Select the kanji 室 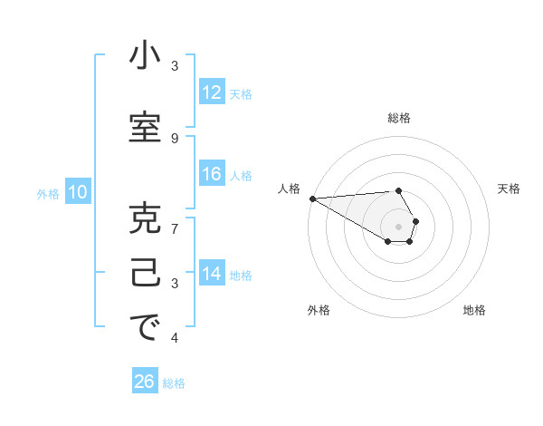pyautogui.click(x=145, y=128)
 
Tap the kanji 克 pyautogui.click(x=145, y=220)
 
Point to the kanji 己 pyautogui.click(x=145, y=276)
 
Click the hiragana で pyautogui.click(x=145, y=330)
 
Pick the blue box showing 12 pyautogui.click(x=211, y=92)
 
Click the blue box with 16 pyautogui.click(x=211, y=174)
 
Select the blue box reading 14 pyautogui.click(x=211, y=274)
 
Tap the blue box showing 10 pyautogui.click(x=77, y=192)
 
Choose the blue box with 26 pyautogui.click(x=145, y=382)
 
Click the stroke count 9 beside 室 pyautogui.click(x=175, y=138)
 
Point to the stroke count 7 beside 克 pyautogui.click(x=175, y=228)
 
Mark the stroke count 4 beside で pyautogui.click(x=175, y=338)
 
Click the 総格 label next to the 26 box pyautogui.click(x=174, y=383)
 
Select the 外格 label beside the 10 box pyautogui.click(x=47, y=193)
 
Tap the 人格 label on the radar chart pyautogui.click(x=289, y=189)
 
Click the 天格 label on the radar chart pyautogui.click(x=509, y=189)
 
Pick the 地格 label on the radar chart pyautogui.click(x=474, y=311)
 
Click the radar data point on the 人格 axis pyautogui.click(x=312, y=198)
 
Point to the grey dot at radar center pyautogui.click(x=398, y=227)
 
